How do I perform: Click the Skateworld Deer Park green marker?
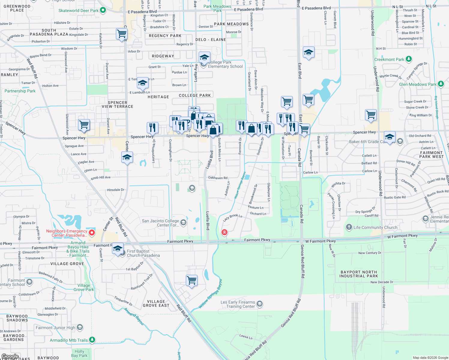click(103, 10)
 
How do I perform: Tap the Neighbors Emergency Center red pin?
click(92, 232)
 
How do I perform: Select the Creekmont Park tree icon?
click(409, 59)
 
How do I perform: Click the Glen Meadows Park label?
click(418, 84)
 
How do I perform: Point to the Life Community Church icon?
click(349, 227)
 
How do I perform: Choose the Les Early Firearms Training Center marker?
click(260, 304)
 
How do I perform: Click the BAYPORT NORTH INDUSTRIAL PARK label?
click(359, 274)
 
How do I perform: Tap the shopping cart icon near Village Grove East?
click(191, 280)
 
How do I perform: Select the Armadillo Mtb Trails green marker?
click(92, 340)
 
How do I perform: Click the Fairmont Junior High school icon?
click(80, 327)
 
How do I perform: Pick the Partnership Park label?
click(20, 91)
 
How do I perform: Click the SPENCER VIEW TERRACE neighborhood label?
click(117, 104)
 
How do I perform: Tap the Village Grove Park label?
click(84, 287)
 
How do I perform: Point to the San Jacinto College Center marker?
click(184, 223)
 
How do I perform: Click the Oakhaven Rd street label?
click(218, 178)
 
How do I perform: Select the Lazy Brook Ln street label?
click(233, 217)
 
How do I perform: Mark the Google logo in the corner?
click(10, 356)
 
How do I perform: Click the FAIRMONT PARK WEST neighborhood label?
click(431, 154)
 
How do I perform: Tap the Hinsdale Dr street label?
click(116, 190)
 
